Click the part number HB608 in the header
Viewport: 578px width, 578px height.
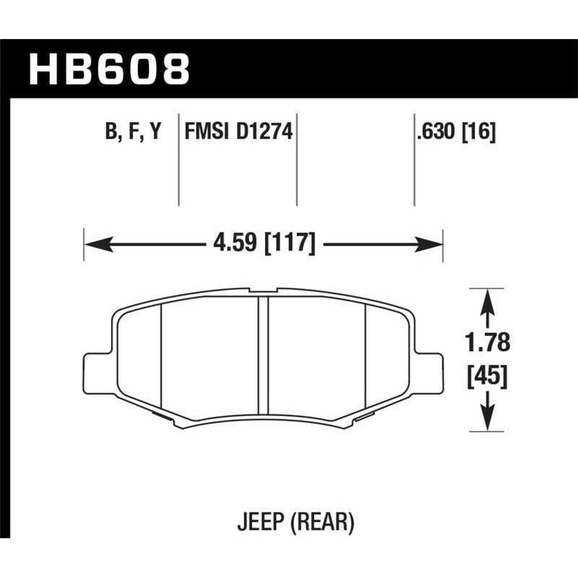[x=109, y=68]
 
